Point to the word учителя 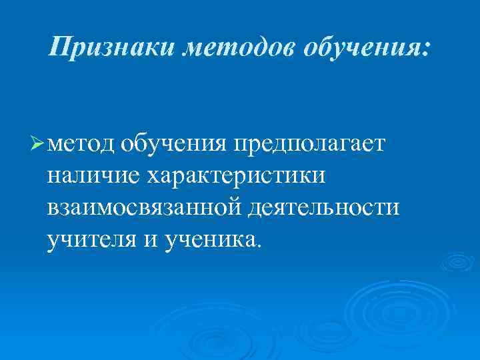click(x=92, y=238)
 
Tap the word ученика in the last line click(x=209, y=238)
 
